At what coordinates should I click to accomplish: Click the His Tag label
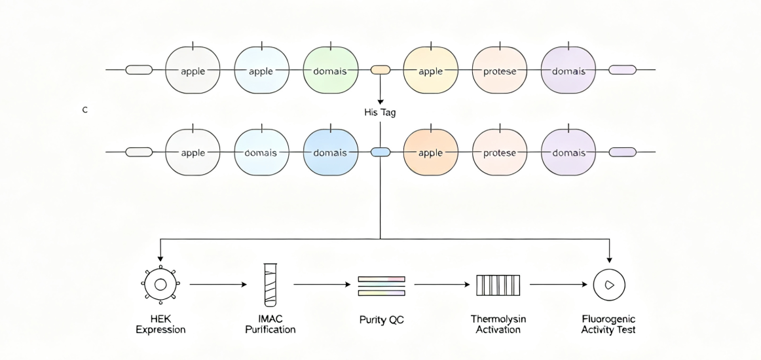pyautogui.click(x=380, y=113)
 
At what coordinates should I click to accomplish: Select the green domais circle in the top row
pyautogui.click(x=331, y=70)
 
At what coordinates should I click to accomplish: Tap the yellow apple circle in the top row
pyautogui.click(x=431, y=70)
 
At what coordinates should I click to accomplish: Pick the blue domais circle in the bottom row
pyautogui.click(x=331, y=153)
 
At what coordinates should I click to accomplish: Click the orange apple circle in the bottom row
pyautogui.click(x=431, y=153)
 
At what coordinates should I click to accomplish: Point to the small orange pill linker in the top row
pyautogui.click(x=380, y=70)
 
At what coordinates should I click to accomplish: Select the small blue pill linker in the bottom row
pyautogui.click(x=380, y=153)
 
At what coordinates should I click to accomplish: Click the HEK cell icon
pyautogui.click(x=160, y=284)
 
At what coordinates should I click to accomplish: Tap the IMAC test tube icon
pyautogui.click(x=270, y=285)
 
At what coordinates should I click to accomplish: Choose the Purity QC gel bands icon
pyautogui.click(x=381, y=286)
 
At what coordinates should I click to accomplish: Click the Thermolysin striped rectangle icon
pyautogui.click(x=498, y=285)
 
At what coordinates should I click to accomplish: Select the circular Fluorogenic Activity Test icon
pyautogui.click(x=610, y=285)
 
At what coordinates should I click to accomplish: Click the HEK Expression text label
pyautogui.click(x=160, y=325)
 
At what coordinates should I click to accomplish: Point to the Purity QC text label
pyautogui.click(x=381, y=320)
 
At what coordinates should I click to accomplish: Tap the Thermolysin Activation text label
pyautogui.click(x=498, y=325)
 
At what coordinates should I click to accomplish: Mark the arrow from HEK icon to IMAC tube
pyautogui.click(x=218, y=285)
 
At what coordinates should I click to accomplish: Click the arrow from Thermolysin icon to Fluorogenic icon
pyautogui.click(x=559, y=285)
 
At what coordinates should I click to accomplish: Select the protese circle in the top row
pyautogui.click(x=500, y=70)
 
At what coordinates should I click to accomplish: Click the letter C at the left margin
pyautogui.click(x=85, y=110)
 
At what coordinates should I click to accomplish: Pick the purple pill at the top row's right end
pyautogui.click(x=623, y=70)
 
